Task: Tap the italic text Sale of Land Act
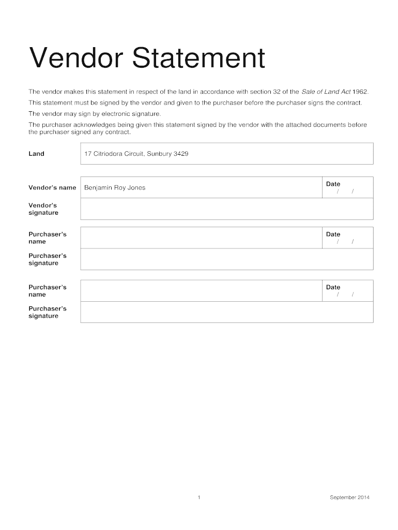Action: click(x=326, y=92)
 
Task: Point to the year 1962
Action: click(x=360, y=92)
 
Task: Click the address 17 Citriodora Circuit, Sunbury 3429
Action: click(x=133, y=154)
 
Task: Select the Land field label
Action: click(x=36, y=154)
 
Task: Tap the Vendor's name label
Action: click(x=52, y=187)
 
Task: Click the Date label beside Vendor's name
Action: click(x=333, y=184)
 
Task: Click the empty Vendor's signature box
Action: click(x=226, y=209)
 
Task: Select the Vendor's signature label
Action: click(x=43, y=209)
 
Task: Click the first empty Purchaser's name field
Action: click(x=201, y=238)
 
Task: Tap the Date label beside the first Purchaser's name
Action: click(x=333, y=234)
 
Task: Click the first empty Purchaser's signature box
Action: click(x=226, y=259)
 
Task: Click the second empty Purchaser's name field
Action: click(x=201, y=290)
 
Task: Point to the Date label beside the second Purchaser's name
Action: click(x=333, y=287)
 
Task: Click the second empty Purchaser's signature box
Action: click(x=226, y=312)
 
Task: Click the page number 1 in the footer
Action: click(x=199, y=498)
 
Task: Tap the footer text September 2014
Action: click(x=350, y=498)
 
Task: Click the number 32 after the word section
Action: click(x=277, y=92)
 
